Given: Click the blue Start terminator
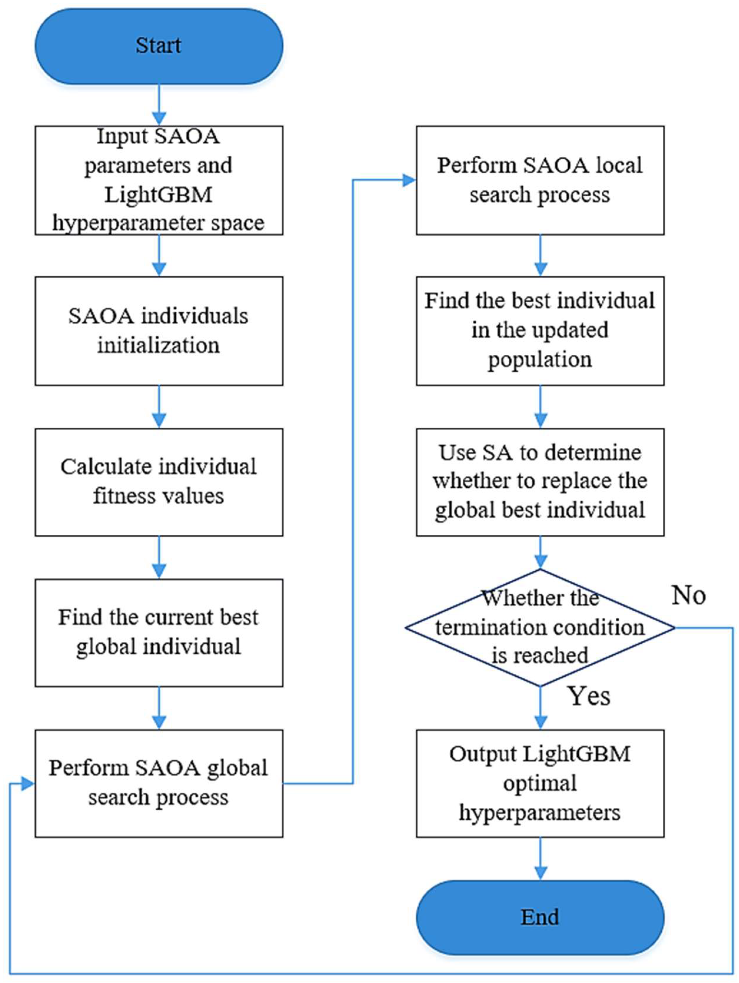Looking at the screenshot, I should (x=159, y=46).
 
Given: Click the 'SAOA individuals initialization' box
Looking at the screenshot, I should (x=159, y=331).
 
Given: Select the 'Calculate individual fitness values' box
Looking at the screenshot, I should (x=159, y=482).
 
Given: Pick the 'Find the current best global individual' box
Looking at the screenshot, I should (x=159, y=632).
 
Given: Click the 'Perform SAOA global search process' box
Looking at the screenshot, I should (x=159, y=783).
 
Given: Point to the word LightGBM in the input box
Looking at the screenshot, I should (x=159, y=195).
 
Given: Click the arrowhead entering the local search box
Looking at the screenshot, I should (x=409, y=180).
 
